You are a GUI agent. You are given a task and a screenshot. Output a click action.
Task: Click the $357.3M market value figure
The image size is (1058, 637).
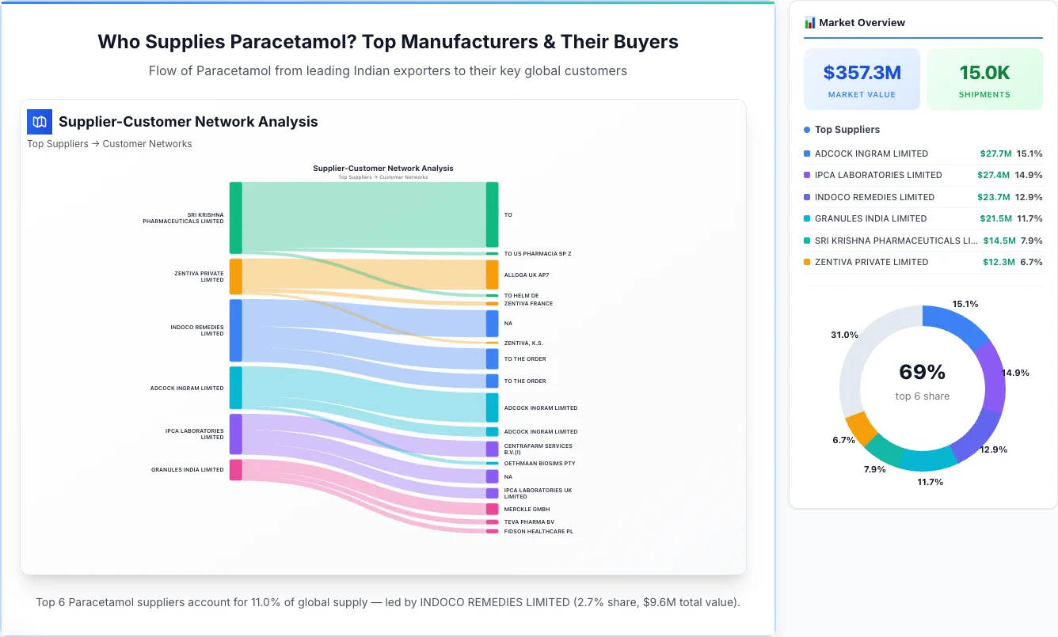click(862, 73)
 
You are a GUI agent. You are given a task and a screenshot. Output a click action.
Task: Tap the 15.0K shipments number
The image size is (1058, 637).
click(984, 73)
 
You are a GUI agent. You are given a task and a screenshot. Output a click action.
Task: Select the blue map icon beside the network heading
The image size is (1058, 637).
click(39, 122)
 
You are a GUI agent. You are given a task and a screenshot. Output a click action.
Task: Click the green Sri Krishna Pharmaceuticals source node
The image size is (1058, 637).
click(235, 218)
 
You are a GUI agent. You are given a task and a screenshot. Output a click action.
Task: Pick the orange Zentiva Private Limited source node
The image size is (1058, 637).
click(235, 276)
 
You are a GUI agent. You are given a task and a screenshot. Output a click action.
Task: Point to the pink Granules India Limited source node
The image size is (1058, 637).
click(235, 470)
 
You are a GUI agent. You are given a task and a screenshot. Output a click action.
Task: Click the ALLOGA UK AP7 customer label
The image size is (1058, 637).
click(526, 275)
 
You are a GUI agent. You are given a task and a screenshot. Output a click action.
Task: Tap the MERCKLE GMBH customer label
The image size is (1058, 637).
click(527, 509)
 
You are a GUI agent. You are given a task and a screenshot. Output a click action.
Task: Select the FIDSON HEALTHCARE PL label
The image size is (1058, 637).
click(539, 531)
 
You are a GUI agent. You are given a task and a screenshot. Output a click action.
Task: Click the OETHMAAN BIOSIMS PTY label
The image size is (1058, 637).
click(539, 463)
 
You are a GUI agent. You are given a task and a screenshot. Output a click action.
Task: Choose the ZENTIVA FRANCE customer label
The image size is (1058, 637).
click(528, 303)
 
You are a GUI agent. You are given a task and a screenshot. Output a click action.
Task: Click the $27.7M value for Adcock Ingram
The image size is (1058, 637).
click(995, 154)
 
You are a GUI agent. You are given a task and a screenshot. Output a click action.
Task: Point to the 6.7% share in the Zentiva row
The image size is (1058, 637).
click(1030, 262)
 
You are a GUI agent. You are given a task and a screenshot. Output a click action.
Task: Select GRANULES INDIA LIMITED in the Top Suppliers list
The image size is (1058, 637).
click(870, 218)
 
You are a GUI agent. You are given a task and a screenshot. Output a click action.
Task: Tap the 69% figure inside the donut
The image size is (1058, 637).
click(922, 372)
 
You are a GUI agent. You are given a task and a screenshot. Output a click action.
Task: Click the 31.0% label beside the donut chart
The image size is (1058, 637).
click(844, 335)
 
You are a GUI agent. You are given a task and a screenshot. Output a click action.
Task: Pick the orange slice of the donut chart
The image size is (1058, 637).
click(862, 428)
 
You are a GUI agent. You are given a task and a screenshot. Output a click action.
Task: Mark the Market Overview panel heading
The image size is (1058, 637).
click(862, 22)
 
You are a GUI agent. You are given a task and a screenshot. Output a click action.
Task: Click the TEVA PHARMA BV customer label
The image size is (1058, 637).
click(529, 521)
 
